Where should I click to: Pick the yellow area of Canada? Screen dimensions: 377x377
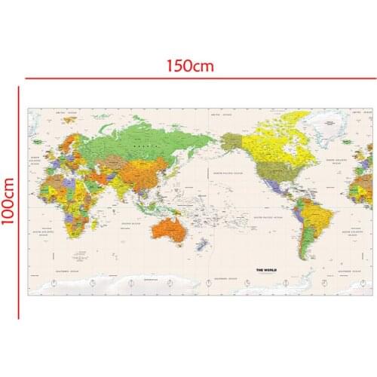pyautogui.click(x=279, y=147)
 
